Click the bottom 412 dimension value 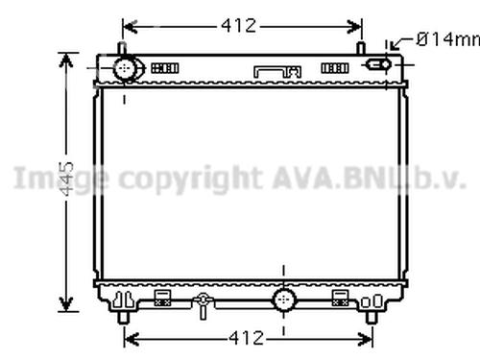(247, 337)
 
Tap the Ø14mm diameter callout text (447, 39)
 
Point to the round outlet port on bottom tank (284, 300)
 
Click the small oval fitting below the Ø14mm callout (377, 65)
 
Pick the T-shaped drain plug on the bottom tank (202, 306)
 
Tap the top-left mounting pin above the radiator (122, 49)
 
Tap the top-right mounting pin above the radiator (360, 49)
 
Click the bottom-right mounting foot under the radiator (372, 314)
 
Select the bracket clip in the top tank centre (277, 70)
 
